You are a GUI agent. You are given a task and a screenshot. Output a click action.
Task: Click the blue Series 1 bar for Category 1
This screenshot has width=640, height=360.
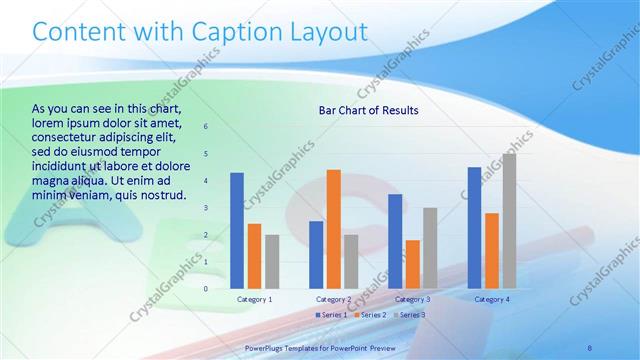237,231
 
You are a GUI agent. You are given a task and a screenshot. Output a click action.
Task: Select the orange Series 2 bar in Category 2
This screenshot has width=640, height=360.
333,229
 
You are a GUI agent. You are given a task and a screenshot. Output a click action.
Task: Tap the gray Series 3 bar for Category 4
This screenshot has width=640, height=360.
509,221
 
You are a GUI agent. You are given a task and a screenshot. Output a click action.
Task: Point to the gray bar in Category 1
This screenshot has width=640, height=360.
272,262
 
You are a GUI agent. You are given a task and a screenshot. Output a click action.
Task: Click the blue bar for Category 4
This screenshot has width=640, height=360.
474,228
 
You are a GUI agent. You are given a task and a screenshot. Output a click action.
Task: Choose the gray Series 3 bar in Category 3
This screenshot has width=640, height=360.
430,248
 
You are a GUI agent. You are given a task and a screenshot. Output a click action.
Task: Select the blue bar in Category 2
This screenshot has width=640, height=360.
316,255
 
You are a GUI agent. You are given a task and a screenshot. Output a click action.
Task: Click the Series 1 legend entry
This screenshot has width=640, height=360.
333,315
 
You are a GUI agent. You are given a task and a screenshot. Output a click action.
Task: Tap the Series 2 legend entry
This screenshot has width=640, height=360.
369,315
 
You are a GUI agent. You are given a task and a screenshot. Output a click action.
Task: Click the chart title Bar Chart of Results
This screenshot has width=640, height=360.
368,110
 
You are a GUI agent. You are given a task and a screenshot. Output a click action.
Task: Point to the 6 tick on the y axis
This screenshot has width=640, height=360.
206,127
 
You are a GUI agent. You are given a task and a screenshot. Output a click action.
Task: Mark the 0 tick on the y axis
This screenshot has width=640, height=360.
206,289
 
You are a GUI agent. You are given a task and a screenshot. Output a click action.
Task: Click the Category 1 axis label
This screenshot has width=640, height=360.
254,299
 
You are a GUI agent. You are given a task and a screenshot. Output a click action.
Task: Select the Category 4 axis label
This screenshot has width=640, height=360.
491,299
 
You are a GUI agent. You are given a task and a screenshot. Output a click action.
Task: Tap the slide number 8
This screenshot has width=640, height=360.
591,346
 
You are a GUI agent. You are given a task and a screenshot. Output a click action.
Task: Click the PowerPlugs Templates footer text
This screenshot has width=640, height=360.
320,347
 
